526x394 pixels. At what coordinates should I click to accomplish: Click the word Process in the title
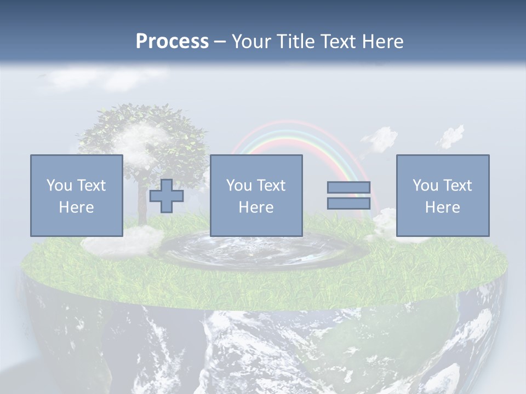pyautogui.click(x=172, y=42)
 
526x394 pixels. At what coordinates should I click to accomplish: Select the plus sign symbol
pyautogui.click(x=167, y=196)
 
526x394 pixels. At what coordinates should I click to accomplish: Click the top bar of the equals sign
pyautogui.click(x=348, y=188)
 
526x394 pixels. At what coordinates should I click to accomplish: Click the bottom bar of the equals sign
pyautogui.click(x=348, y=204)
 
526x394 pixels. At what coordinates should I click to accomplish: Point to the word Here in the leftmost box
pyautogui.click(x=77, y=207)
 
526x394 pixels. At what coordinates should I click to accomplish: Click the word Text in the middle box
pyautogui.click(x=271, y=186)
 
